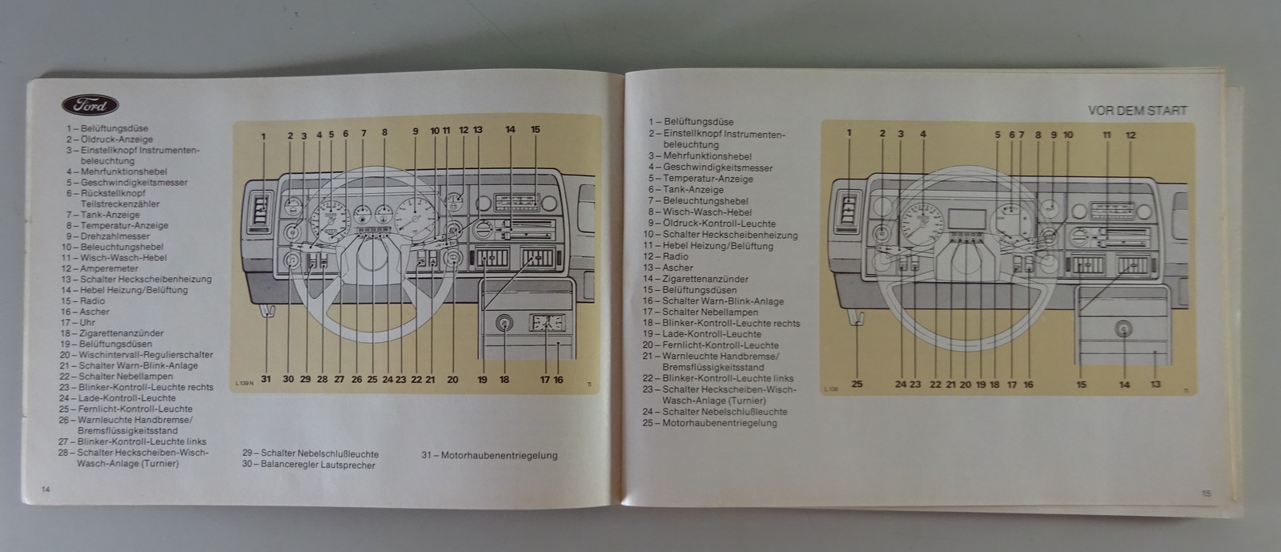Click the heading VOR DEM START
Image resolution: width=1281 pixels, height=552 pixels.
pos(1137,111)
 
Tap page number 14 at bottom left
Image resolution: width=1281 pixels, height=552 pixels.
pos(46,489)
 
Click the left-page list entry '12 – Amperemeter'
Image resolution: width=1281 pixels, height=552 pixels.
pos(109,268)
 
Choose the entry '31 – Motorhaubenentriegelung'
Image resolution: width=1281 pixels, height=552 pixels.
pos(489,455)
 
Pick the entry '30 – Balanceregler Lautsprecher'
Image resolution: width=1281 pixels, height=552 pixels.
pos(308,464)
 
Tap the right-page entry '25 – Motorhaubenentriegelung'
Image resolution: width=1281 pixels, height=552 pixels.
pos(713,422)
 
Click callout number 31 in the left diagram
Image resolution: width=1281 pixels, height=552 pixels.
pos(266,379)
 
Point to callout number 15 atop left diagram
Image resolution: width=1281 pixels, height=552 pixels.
pos(536,129)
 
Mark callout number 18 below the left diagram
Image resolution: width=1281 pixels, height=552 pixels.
pos(504,379)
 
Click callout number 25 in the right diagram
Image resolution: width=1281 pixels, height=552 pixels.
pos(857,384)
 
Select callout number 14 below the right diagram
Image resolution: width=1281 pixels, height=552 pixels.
pos(1124,385)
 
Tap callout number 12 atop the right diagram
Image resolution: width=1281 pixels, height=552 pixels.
pos(1130,135)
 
